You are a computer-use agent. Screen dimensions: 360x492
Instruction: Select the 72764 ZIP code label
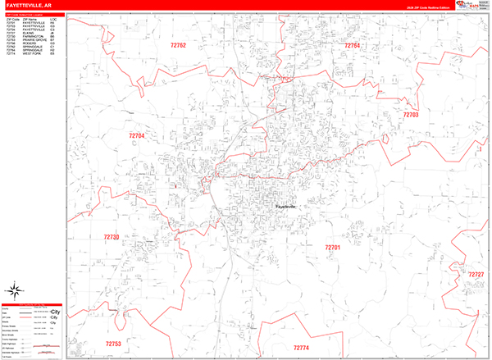pyautogui.click(x=352, y=46)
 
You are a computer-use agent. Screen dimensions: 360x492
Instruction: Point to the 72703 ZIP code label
pyautogui.click(x=410, y=115)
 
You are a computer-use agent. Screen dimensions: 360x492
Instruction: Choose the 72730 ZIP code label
pyautogui.click(x=112, y=237)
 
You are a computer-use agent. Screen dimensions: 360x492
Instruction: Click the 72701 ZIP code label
pyautogui.click(x=331, y=247)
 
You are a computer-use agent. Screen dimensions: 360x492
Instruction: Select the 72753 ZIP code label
pyautogui.click(x=113, y=344)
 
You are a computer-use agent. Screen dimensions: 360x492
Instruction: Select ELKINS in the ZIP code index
pyautogui.click(x=28, y=34)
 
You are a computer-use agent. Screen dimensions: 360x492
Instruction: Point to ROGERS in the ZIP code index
pyautogui.click(x=28, y=43)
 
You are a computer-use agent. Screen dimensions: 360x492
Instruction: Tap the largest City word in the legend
pyautogui.click(x=55, y=313)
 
